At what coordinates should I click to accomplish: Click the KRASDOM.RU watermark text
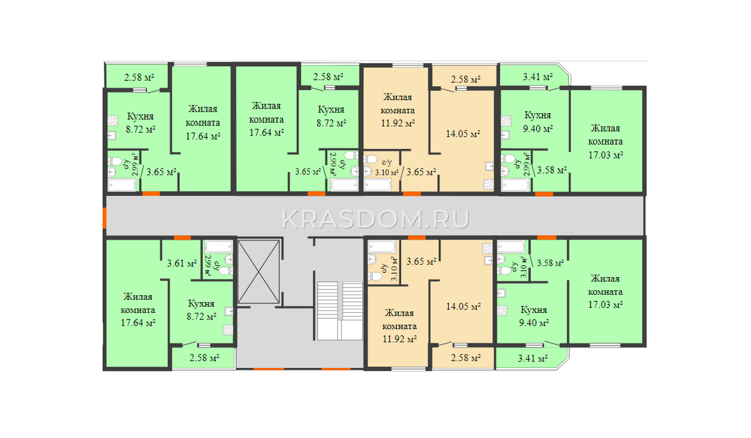pyautogui.click(x=375, y=219)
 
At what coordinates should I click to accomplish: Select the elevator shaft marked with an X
pyautogui.click(x=259, y=271)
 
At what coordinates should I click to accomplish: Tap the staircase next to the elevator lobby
pyautogui.click(x=340, y=311)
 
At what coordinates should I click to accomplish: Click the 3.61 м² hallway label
pyautogui.click(x=182, y=263)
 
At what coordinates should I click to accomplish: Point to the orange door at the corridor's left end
pyautogui.click(x=104, y=218)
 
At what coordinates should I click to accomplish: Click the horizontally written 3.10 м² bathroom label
pyautogui.click(x=387, y=173)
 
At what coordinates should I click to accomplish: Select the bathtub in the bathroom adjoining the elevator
pyautogui.click(x=219, y=246)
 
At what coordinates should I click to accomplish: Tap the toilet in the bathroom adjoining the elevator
pyautogui.click(x=226, y=271)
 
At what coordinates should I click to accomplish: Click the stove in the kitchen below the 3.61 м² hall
pyautogui.click(x=228, y=330)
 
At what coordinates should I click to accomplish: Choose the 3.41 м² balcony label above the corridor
pyautogui.click(x=538, y=77)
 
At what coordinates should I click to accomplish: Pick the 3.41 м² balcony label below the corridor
pyautogui.click(x=533, y=359)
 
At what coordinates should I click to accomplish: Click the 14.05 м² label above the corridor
pyautogui.click(x=463, y=134)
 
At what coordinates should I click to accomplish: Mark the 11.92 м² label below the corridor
pyautogui.click(x=399, y=339)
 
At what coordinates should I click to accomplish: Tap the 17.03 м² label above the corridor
pyautogui.click(x=606, y=155)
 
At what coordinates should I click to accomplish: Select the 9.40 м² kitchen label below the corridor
pyautogui.click(x=534, y=323)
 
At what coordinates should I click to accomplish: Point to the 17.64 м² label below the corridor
pyautogui.click(x=138, y=323)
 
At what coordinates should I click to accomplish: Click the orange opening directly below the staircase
pyautogui.click(x=336, y=369)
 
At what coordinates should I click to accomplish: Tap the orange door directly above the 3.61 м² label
pyautogui.click(x=183, y=238)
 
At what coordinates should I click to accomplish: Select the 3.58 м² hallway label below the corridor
pyautogui.click(x=550, y=263)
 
